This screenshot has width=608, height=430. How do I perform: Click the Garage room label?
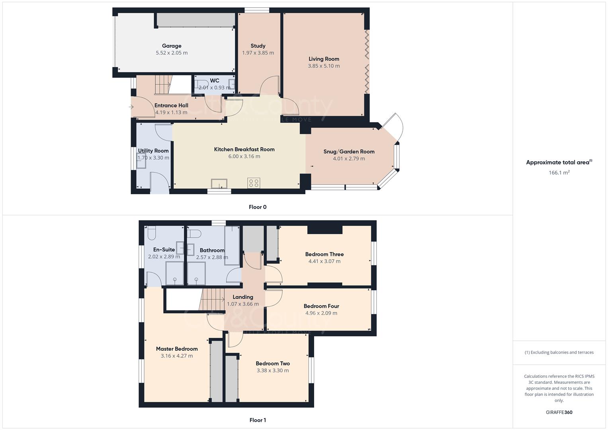pos(172,46)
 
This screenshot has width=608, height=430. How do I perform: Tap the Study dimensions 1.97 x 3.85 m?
pos(258,53)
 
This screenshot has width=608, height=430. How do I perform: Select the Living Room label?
pos(324,59)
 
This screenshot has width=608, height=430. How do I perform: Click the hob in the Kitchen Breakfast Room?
pos(254,183)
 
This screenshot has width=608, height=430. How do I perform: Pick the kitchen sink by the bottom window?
pos(219,183)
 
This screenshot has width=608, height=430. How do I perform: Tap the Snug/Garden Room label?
pos(349,151)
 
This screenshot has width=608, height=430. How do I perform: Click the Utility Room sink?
pos(141,166)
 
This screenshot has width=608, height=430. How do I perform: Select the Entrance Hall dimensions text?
pos(171,112)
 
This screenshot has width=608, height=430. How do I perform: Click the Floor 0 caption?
pos(258,207)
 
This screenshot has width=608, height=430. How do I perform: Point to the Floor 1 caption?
pos(258,420)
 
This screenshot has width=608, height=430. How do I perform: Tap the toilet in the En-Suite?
pos(151,232)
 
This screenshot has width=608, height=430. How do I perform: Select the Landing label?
pos(243,297)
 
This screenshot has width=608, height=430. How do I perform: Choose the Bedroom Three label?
pos(324,254)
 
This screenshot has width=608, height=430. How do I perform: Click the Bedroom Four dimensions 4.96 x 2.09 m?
pos(321,313)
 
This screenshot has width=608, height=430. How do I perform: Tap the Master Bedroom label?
pos(177,349)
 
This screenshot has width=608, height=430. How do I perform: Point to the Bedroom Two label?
pos(273,363)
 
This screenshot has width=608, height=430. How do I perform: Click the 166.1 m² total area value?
pos(559,172)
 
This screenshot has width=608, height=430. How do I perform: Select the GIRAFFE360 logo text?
pos(559,412)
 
